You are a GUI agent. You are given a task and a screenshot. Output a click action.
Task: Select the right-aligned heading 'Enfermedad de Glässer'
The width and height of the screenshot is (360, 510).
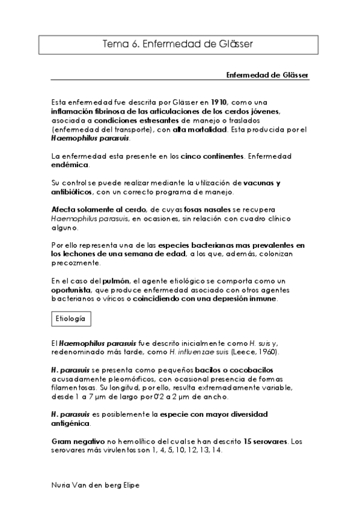[267, 75]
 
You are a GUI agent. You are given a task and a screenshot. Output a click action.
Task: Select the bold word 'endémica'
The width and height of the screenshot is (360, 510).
[70, 164]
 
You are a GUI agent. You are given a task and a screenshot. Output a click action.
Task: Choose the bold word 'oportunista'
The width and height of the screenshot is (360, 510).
[72, 289]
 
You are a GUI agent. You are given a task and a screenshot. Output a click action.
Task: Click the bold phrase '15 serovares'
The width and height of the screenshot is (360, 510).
[261, 442]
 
